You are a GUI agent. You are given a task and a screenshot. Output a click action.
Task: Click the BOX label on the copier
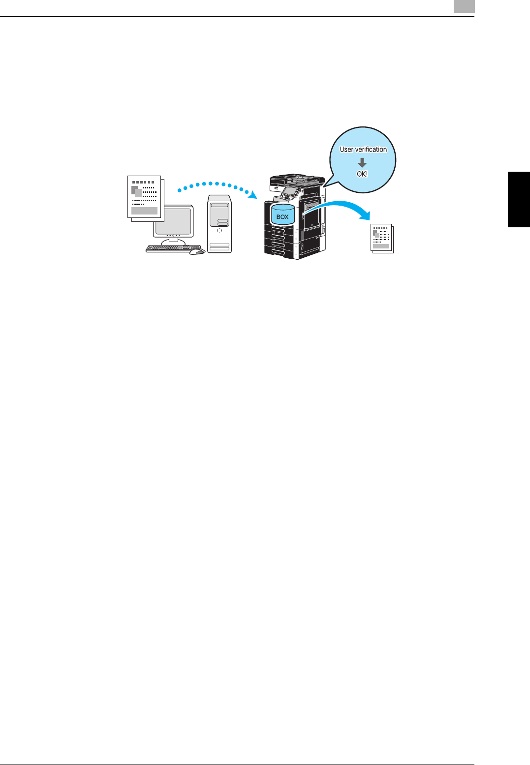click(282, 216)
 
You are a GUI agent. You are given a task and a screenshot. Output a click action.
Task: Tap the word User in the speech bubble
click(346, 150)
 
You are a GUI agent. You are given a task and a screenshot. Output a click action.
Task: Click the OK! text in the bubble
click(362, 174)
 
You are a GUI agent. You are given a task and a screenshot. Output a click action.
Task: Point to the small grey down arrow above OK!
click(362, 162)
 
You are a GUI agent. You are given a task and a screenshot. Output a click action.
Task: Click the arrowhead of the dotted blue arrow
click(253, 194)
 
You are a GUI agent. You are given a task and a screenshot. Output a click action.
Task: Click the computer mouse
click(197, 251)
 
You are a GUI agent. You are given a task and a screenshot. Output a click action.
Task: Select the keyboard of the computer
click(173, 248)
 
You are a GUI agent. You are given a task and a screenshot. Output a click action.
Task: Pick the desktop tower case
click(219, 224)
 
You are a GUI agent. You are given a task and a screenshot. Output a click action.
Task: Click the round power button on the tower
click(219, 230)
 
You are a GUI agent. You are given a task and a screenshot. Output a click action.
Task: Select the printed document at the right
click(382, 238)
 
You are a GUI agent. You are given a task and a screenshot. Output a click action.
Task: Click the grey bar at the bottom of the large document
click(144, 211)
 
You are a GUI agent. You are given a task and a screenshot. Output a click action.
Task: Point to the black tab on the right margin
click(519, 199)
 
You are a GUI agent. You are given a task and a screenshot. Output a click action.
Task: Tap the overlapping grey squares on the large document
click(136, 191)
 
